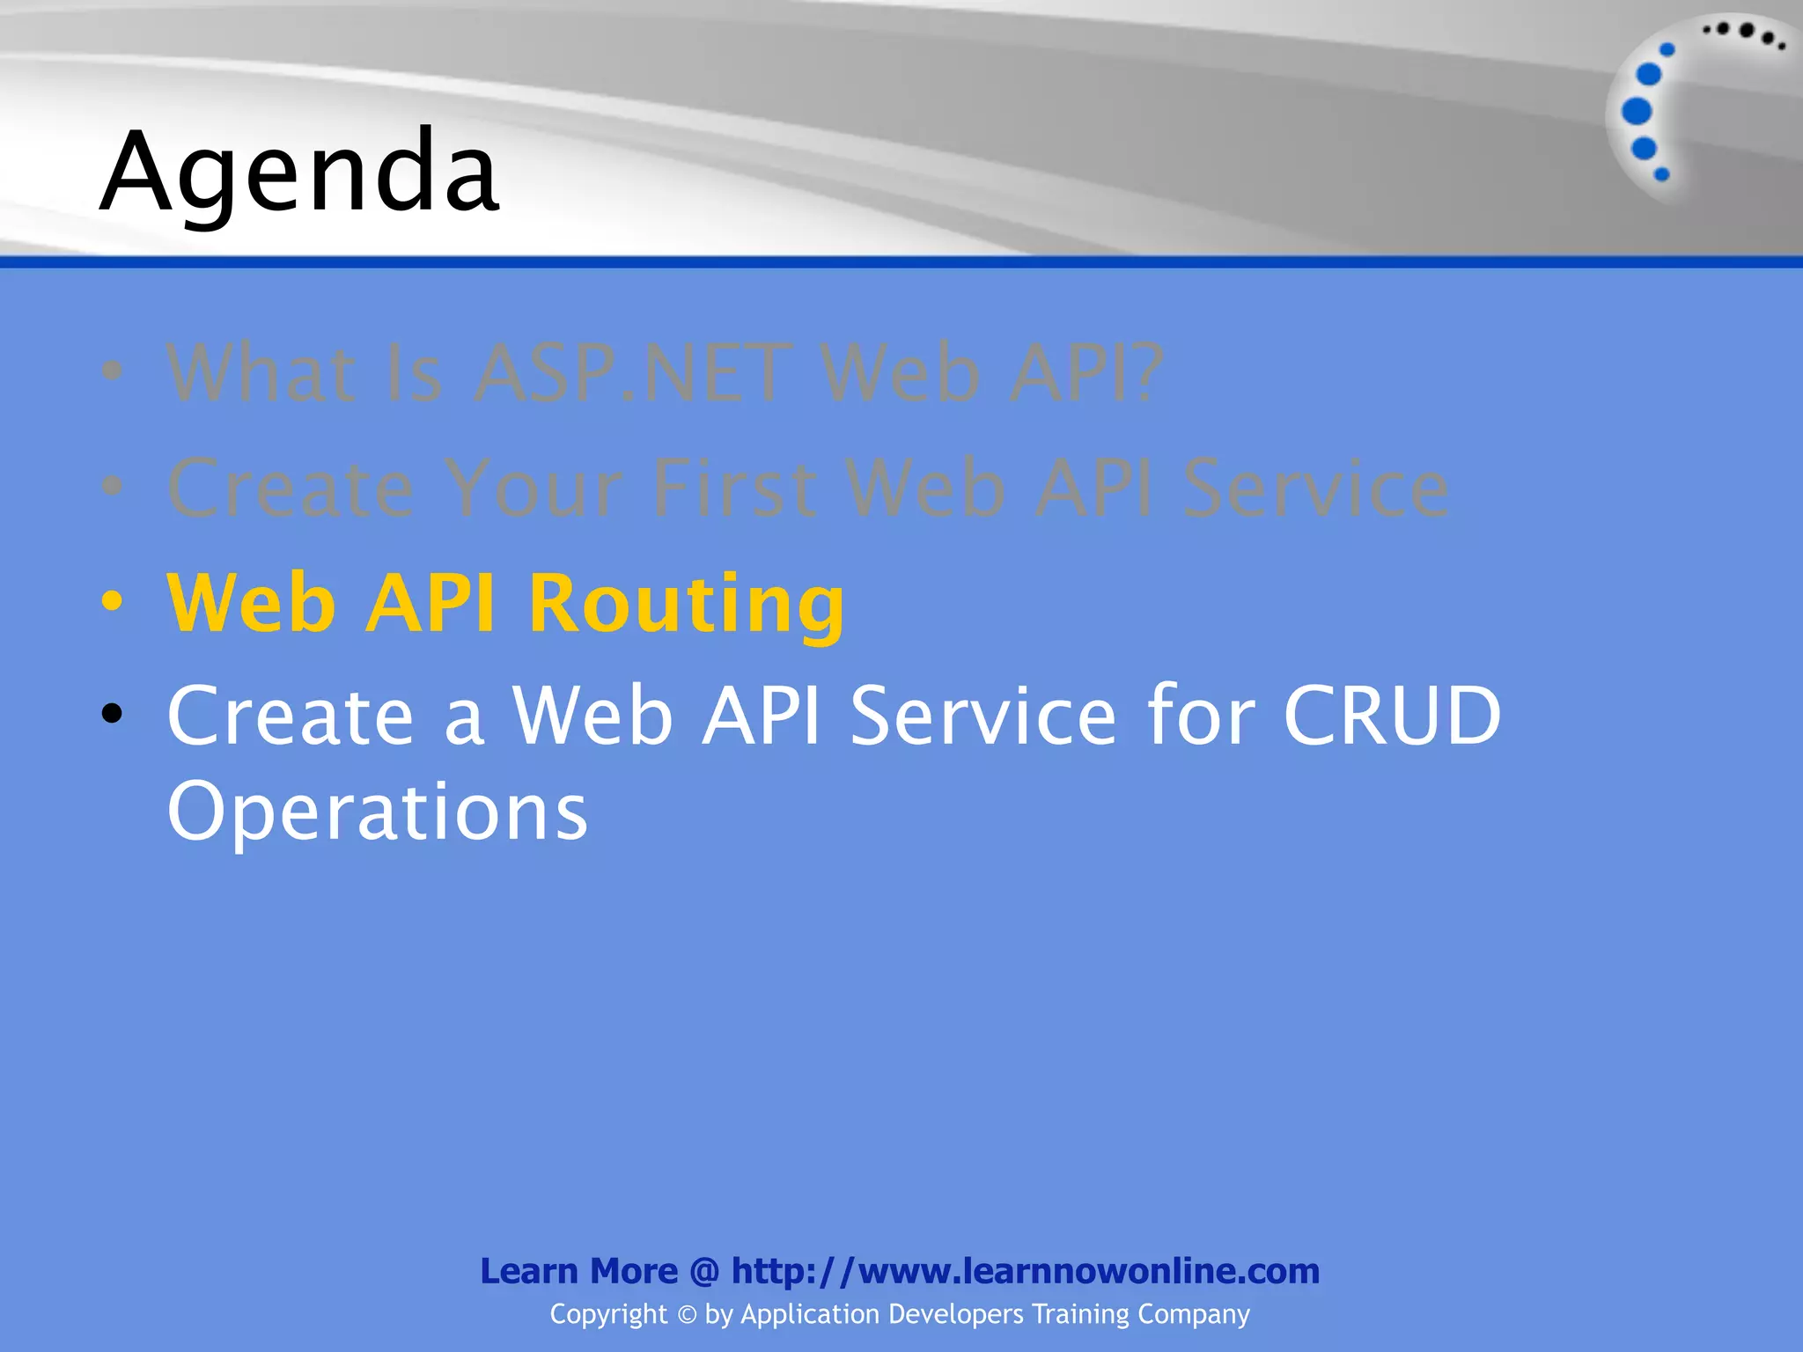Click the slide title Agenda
[x=299, y=172]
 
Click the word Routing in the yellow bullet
[x=686, y=603]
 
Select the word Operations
[x=377, y=812]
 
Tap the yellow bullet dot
[x=112, y=602]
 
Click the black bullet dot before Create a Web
[x=112, y=714]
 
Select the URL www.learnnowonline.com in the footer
[x=1089, y=1271]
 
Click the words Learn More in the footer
[x=578, y=1271]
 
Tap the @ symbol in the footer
[x=704, y=1272]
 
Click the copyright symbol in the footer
[x=687, y=1315]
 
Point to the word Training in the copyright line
[x=1080, y=1314]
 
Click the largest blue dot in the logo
[x=1637, y=111]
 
